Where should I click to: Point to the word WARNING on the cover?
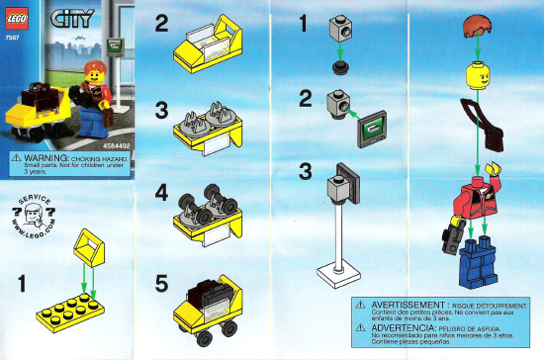[42, 158]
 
